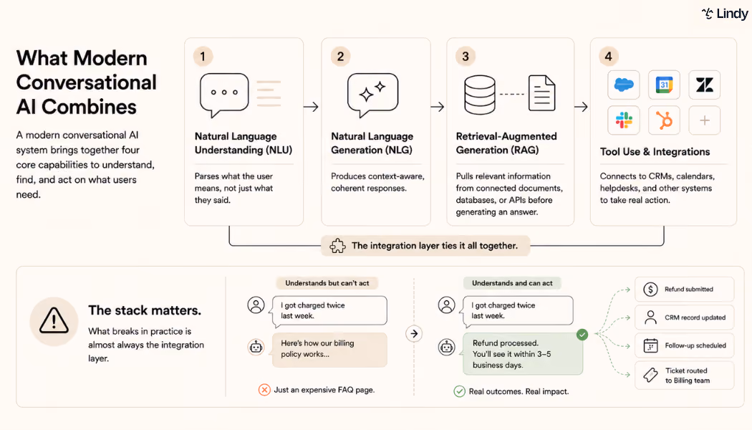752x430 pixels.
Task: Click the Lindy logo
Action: click(725, 14)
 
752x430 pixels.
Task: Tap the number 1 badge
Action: click(203, 57)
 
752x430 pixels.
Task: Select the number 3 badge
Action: click(466, 57)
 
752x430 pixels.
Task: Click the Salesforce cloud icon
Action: click(624, 85)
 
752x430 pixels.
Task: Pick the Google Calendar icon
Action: click(664, 85)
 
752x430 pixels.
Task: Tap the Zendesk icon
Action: click(705, 85)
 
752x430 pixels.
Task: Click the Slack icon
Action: click(624, 120)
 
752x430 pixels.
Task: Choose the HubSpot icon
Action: click(664, 120)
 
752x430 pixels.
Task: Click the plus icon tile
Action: click(705, 120)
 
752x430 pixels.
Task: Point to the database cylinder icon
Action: click(480, 95)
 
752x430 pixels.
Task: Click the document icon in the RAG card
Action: click(542, 93)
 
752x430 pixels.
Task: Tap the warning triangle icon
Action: click(54, 320)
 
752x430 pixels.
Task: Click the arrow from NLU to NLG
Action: click(311, 107)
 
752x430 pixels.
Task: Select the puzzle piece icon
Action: click(337, 246)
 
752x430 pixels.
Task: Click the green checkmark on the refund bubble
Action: click(582, 335)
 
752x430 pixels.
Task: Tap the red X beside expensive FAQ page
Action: click(264, 390)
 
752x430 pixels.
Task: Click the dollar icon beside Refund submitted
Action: click(650, 290)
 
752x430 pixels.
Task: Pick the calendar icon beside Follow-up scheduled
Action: click(650, 345)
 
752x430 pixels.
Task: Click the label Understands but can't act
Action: click(327, 283)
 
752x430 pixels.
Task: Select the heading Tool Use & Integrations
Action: click(655, 152)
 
